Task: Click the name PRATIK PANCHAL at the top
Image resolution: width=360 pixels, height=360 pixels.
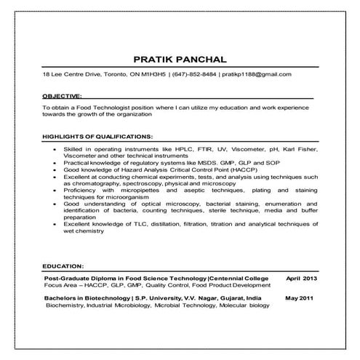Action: pyautogui.click(x=180, y=57)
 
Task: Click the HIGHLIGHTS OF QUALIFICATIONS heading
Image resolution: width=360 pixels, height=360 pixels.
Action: pyautogui.click(x=97, y=136)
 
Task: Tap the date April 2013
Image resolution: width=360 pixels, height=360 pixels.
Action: pyautogui.click(x=302, y=279)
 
